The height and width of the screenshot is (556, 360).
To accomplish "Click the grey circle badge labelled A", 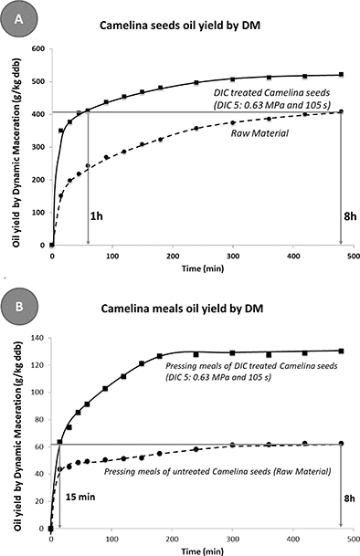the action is coord(18,18).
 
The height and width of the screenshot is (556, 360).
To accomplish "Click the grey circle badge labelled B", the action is coord(19,305).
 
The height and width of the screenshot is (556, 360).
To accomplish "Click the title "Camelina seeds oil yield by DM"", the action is coord(180,26).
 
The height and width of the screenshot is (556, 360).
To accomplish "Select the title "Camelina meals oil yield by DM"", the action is coord(182,309).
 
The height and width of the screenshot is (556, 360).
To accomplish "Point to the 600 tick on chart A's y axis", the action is coord(38,49).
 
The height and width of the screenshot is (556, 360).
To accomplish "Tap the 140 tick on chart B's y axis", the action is coord(37,338).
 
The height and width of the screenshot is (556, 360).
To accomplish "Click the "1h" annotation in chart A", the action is coord(96,216).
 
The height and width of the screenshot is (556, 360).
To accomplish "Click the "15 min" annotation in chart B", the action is coord(80,497).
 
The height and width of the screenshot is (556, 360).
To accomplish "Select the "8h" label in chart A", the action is coord(350,216).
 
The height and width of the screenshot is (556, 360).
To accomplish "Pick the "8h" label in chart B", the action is coord(349,498).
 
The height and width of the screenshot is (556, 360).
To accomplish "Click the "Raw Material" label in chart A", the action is coord(259,133).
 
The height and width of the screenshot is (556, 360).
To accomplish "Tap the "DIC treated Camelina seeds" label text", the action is coord(271,92).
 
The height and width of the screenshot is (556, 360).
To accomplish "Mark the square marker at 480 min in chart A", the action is coord(341,75).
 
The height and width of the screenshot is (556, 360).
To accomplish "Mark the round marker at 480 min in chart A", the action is coord(341,111).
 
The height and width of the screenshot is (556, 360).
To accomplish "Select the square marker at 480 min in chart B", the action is coord(341,351).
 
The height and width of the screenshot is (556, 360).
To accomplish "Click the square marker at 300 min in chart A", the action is coord(233,79).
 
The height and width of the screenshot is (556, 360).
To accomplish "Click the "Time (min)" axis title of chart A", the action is coord(203,268).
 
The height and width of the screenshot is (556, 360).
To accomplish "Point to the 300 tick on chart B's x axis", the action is coord(233,540).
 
